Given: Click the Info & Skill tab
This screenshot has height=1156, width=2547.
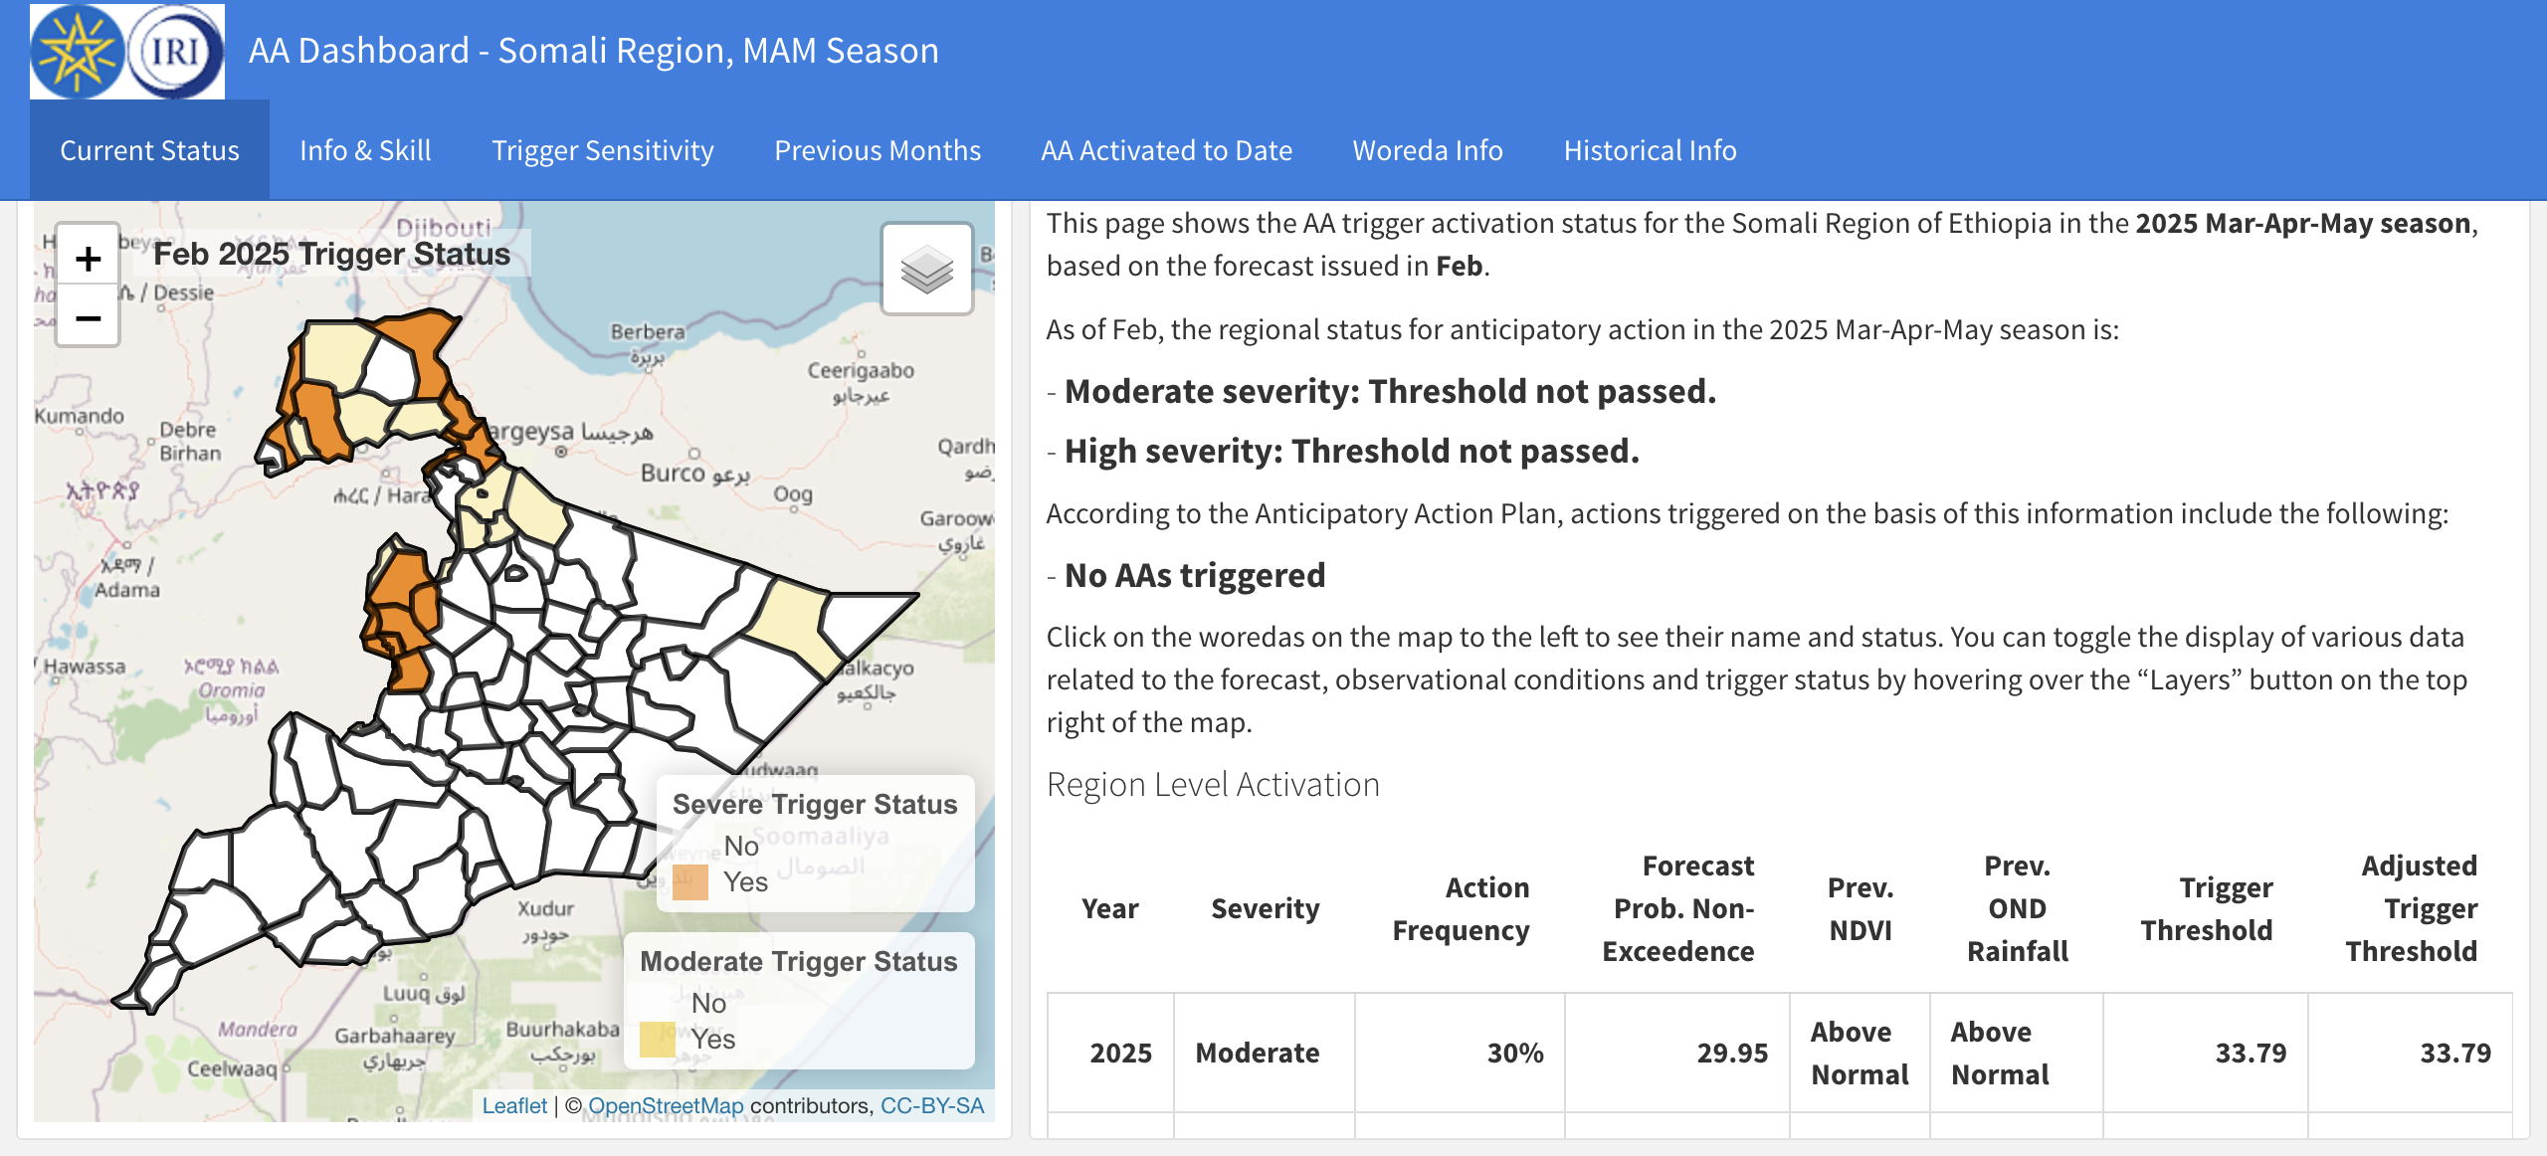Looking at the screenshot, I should (x=365, y=150).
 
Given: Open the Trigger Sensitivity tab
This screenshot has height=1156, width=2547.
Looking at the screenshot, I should (x=602, y=150).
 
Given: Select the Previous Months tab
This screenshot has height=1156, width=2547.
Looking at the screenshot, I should (x=877, y=150).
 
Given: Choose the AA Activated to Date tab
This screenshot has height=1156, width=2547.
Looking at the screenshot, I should (x=1166, y=150).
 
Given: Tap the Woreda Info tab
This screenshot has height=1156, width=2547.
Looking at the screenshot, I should (x=1427, y=150).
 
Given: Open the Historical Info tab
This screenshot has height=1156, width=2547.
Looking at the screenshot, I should (x=1650, y=150).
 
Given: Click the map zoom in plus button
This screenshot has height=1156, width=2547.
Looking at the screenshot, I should (x=88, y=259).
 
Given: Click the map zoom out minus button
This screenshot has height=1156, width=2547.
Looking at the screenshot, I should (x=88, y=318).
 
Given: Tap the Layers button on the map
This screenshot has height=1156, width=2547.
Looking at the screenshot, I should (x=926, y=269).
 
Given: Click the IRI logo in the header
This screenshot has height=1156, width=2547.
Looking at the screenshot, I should (x=175, y=52).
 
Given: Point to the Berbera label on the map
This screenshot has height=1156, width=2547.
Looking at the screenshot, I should (x=648, y=332).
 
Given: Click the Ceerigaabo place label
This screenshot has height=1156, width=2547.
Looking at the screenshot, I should (x=861, y=371).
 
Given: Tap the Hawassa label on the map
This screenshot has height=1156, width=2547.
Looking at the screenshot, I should (x=85, y=667).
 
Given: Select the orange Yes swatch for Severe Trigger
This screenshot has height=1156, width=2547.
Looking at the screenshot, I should (x=689, y=882).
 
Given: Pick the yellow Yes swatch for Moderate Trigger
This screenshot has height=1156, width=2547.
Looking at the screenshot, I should (x=658, y=1040).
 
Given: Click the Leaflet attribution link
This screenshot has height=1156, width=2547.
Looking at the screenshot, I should (x=514, y=1106).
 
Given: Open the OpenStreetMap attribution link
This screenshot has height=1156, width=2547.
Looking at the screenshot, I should (x=666, y=1106).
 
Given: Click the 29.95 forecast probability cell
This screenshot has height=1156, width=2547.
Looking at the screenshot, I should (x=1731, y=1053).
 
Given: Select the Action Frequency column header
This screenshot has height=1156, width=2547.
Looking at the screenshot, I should (x=1461, y=908).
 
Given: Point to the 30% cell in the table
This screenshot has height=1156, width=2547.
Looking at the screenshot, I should (x=1514, y=1053).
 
